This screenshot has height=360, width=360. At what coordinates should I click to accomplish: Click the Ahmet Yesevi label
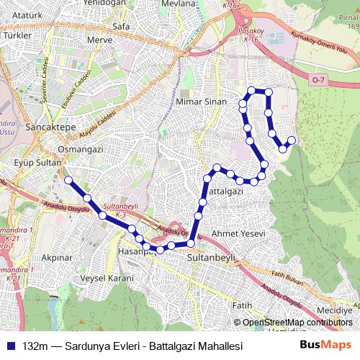tap(239, 235)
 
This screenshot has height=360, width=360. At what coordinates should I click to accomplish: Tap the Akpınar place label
tap(58, 256)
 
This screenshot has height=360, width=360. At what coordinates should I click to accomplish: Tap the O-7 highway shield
tap(319, 78)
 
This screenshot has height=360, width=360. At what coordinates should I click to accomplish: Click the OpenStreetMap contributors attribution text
tap(296, 323)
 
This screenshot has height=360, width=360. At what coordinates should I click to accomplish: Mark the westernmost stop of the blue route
tap(68, 180)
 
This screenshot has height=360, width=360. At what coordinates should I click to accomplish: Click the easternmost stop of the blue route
tap(292, 140)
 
